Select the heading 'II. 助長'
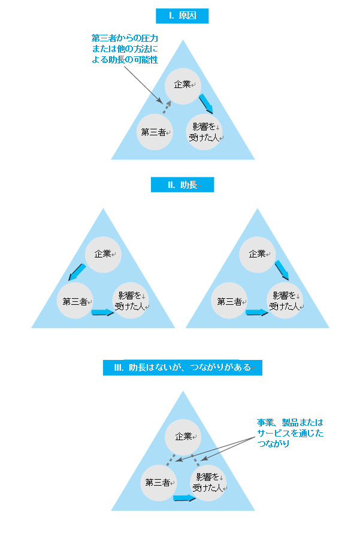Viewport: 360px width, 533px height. pos(182,185)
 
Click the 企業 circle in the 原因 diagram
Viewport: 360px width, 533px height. pos(182,85)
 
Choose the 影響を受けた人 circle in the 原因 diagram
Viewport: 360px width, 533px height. pos(204,132)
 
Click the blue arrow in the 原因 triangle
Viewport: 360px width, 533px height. pos(206,103)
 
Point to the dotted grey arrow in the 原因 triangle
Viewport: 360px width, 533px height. pos(168,108)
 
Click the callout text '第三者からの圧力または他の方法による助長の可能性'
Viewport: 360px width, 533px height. pos(125,49)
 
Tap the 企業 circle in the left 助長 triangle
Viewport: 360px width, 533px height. pos(103,254)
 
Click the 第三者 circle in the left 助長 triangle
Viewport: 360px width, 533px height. pos(75,301)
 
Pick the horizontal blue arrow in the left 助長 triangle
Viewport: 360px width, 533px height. pos(102,312)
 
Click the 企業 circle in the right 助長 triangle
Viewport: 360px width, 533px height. pos(258,254)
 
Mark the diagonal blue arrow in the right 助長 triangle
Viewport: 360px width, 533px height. pos(282,271)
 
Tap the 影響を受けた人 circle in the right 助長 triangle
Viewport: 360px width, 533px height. pos(285,301)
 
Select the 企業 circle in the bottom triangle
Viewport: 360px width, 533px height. pos(182,437)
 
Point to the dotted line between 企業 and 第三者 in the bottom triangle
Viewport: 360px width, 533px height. pos(171,461)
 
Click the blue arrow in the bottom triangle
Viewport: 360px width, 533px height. pos(184,498)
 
